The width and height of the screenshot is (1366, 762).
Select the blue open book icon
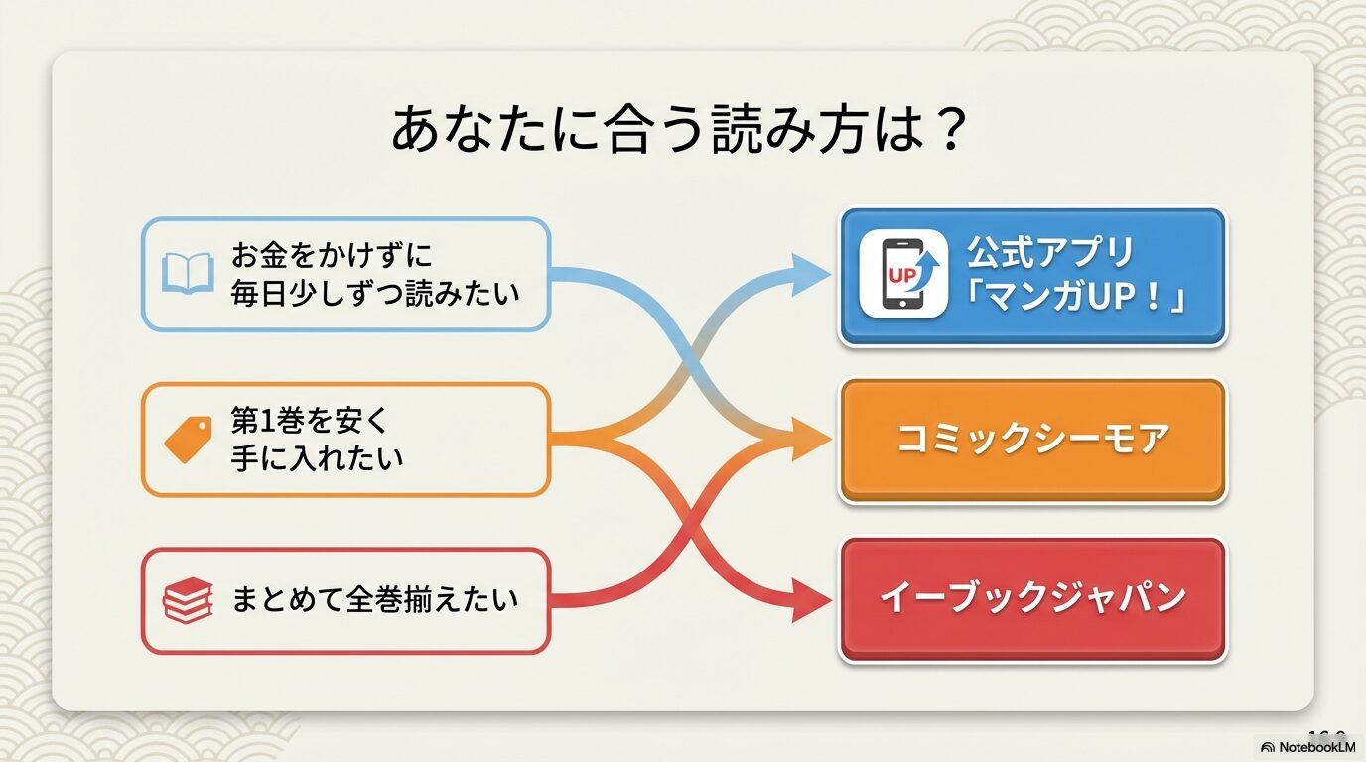click(x=188, y=273)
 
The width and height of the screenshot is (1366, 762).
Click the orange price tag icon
click(x=188, y=440)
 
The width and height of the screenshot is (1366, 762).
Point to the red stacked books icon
click(x=188, y=601)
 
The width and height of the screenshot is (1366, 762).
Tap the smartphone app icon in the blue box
click(x=902, y=275)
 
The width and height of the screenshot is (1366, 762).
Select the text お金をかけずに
click(x=333, y=256)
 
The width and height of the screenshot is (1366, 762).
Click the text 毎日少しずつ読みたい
click(x=375, y=294)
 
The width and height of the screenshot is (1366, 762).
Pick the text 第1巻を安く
click(x=311, y=421)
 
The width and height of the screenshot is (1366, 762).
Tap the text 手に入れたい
click(x=318, y=457)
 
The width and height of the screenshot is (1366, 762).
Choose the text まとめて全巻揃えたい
click(x=375, y=600)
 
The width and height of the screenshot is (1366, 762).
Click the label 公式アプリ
click(x=1050, y=254)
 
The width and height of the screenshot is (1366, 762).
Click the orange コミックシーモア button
click(x=1032, y=440)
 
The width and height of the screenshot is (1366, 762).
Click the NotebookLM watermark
click(x=1309, y=747)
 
